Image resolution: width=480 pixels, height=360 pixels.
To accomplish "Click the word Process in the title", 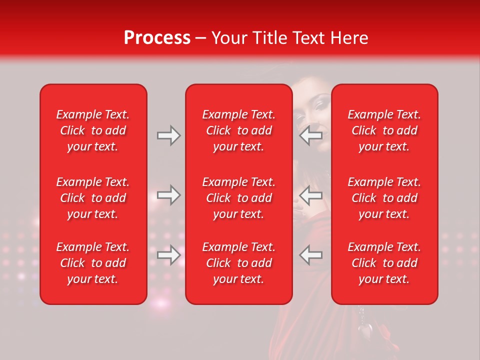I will pos(157,38).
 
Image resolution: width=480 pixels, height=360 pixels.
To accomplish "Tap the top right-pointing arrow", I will pos(168,135).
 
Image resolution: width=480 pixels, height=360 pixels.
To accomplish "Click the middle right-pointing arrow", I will pos(168,195).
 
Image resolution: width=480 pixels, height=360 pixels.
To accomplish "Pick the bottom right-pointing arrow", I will pos(168,255).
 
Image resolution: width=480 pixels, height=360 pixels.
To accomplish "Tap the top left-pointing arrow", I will pos(310,135).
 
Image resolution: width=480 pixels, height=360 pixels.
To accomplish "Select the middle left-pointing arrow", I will pos(310,195).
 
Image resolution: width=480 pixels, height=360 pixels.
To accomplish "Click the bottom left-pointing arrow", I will pos(310,255).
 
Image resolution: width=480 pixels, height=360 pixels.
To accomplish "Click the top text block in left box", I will pos(93,130).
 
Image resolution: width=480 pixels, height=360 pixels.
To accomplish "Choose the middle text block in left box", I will pos(93,198).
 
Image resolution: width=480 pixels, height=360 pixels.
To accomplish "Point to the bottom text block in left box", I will pos(93,263).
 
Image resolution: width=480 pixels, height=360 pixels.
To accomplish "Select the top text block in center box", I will pos(238,130).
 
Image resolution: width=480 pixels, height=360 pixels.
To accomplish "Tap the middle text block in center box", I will pos(238,198).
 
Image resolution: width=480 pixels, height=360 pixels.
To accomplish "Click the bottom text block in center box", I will pos(238,263).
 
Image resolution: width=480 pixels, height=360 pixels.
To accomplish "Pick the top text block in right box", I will pos(384,130).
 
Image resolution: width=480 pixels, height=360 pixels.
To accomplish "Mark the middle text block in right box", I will pos(384,198).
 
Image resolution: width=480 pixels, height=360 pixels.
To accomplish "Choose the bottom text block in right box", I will pos(384,263).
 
